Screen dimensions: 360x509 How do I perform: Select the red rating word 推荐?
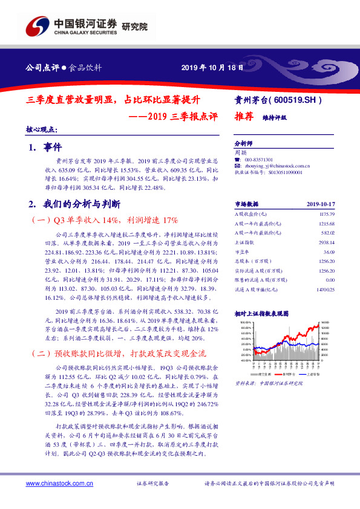[244, 117]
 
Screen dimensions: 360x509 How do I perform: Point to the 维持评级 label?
[275, 118]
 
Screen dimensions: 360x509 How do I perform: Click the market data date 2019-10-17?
[321, 205]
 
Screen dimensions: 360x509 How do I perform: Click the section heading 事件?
[53, 147]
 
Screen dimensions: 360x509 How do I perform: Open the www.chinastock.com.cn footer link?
[56, 484]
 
